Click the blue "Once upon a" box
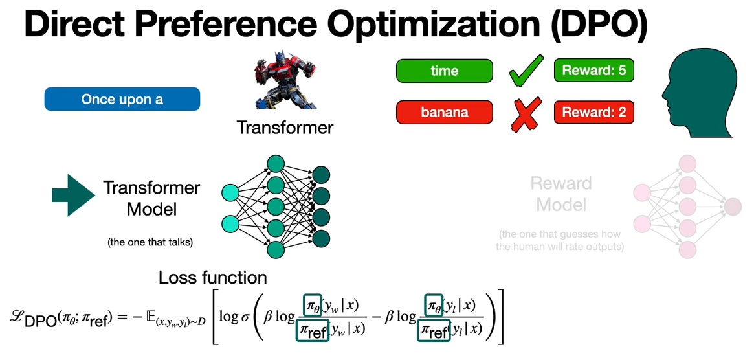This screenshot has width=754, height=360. click(x=122, y=100)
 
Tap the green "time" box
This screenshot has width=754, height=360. click(x=444, y=71)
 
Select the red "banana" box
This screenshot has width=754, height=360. click(x=444, y=113)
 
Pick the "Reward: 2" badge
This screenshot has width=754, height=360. click(x=593, y=113)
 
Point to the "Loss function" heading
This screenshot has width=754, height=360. click(x=212, y=278)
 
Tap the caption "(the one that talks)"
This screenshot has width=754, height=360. click(x=150, y=243)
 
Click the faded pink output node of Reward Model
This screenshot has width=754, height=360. click(x=733, y=207)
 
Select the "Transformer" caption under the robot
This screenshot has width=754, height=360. click(x=285, y=127)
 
